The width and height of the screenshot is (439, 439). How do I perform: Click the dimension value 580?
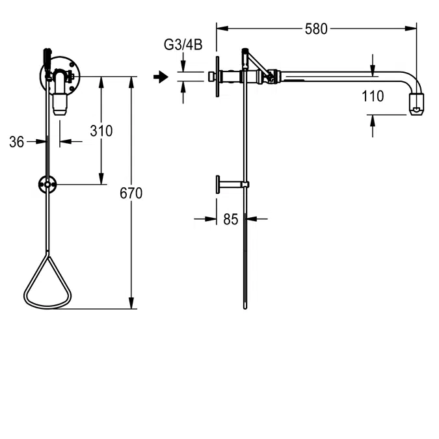[x=316, y=29]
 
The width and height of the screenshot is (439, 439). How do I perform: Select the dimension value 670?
[x=131, y=193]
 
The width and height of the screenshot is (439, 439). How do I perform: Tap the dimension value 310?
[x=101, y=131]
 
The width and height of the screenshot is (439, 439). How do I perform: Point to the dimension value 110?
[x=372, y=97]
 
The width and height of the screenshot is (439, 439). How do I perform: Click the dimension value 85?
[x=231, y=219]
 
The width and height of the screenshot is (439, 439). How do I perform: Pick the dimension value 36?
[x=17, y=141]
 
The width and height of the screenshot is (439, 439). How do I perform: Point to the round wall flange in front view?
[x=59, y=77]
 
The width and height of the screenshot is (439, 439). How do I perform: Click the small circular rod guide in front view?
[x=47, y=185]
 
